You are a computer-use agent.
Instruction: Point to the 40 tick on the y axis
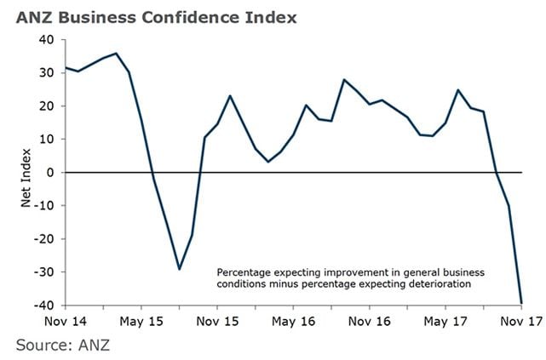(x=47, y=39)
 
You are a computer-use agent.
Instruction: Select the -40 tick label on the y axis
(x=44, y=305)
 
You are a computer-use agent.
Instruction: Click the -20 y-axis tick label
(x=44, y=238)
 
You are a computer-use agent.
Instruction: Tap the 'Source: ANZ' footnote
(x=63, y=345)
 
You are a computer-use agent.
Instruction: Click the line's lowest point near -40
(x=521, y=301)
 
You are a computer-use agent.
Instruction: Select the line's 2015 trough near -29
(x=179, y=269)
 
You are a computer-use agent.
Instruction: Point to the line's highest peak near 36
(x=116, y=54)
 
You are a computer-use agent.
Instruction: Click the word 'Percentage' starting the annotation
(x=240, y=271)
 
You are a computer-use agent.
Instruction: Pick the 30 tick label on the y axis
(x=47, y=72)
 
